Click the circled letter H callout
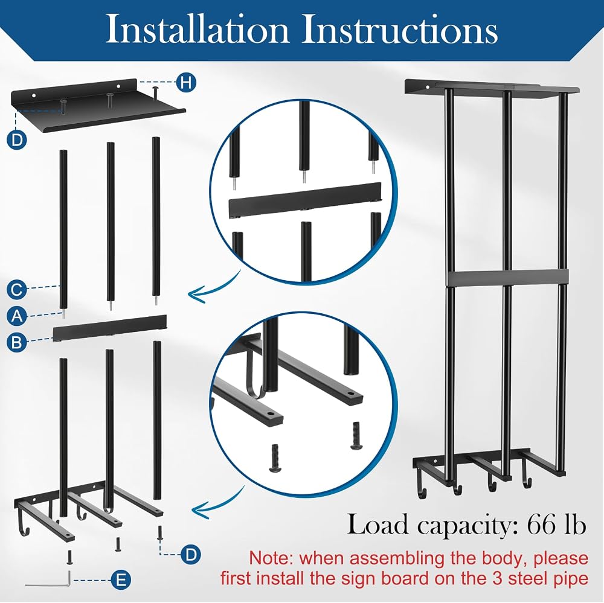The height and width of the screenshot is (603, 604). pos(187,83)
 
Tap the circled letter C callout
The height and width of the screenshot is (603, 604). pos(16,289)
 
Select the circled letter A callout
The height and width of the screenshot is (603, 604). pos(16,316)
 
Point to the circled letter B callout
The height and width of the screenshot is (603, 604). pos(16,342)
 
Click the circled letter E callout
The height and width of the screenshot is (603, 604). pos(121,580)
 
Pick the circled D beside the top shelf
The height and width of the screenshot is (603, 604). pos(16,140)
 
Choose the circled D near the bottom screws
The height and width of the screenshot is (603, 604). pos(191,555)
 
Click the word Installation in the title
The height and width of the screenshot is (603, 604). pos(198,30)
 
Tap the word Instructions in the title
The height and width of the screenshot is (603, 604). pos(399,30)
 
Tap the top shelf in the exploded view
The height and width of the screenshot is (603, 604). pos(98,106)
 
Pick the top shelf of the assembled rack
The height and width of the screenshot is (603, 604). pos(492,87)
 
